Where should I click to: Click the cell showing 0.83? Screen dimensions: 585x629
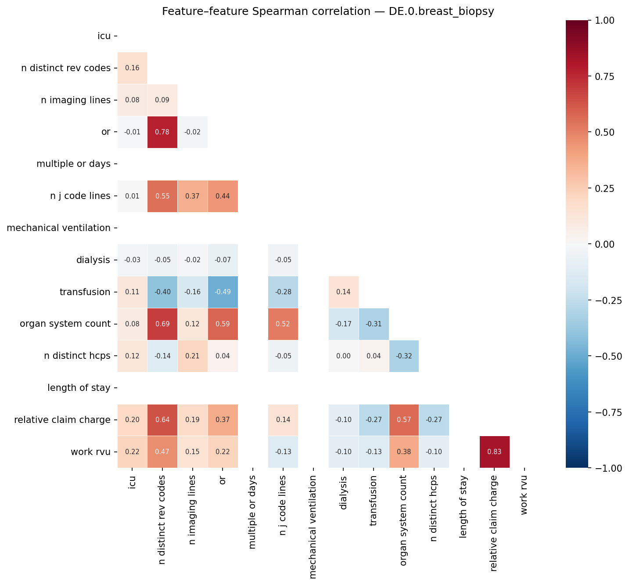point(494,452)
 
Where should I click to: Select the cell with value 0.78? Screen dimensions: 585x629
point(162,132)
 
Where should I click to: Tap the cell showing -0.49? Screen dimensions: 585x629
point(223,292)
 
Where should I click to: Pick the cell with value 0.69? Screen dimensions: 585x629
point(162,324)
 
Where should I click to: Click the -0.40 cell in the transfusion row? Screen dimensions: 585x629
point(162,292)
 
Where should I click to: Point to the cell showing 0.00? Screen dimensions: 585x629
point(343,356)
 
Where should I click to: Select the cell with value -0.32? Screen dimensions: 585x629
point(404,356)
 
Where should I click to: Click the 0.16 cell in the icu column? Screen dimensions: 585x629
point(132,68)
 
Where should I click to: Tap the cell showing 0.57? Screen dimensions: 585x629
point(404,420)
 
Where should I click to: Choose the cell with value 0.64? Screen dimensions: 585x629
point(162,420)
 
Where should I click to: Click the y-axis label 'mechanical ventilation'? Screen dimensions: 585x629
point(59,228)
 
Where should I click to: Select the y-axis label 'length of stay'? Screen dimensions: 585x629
point(79,388)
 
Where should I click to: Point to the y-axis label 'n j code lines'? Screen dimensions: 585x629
point(80,196)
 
